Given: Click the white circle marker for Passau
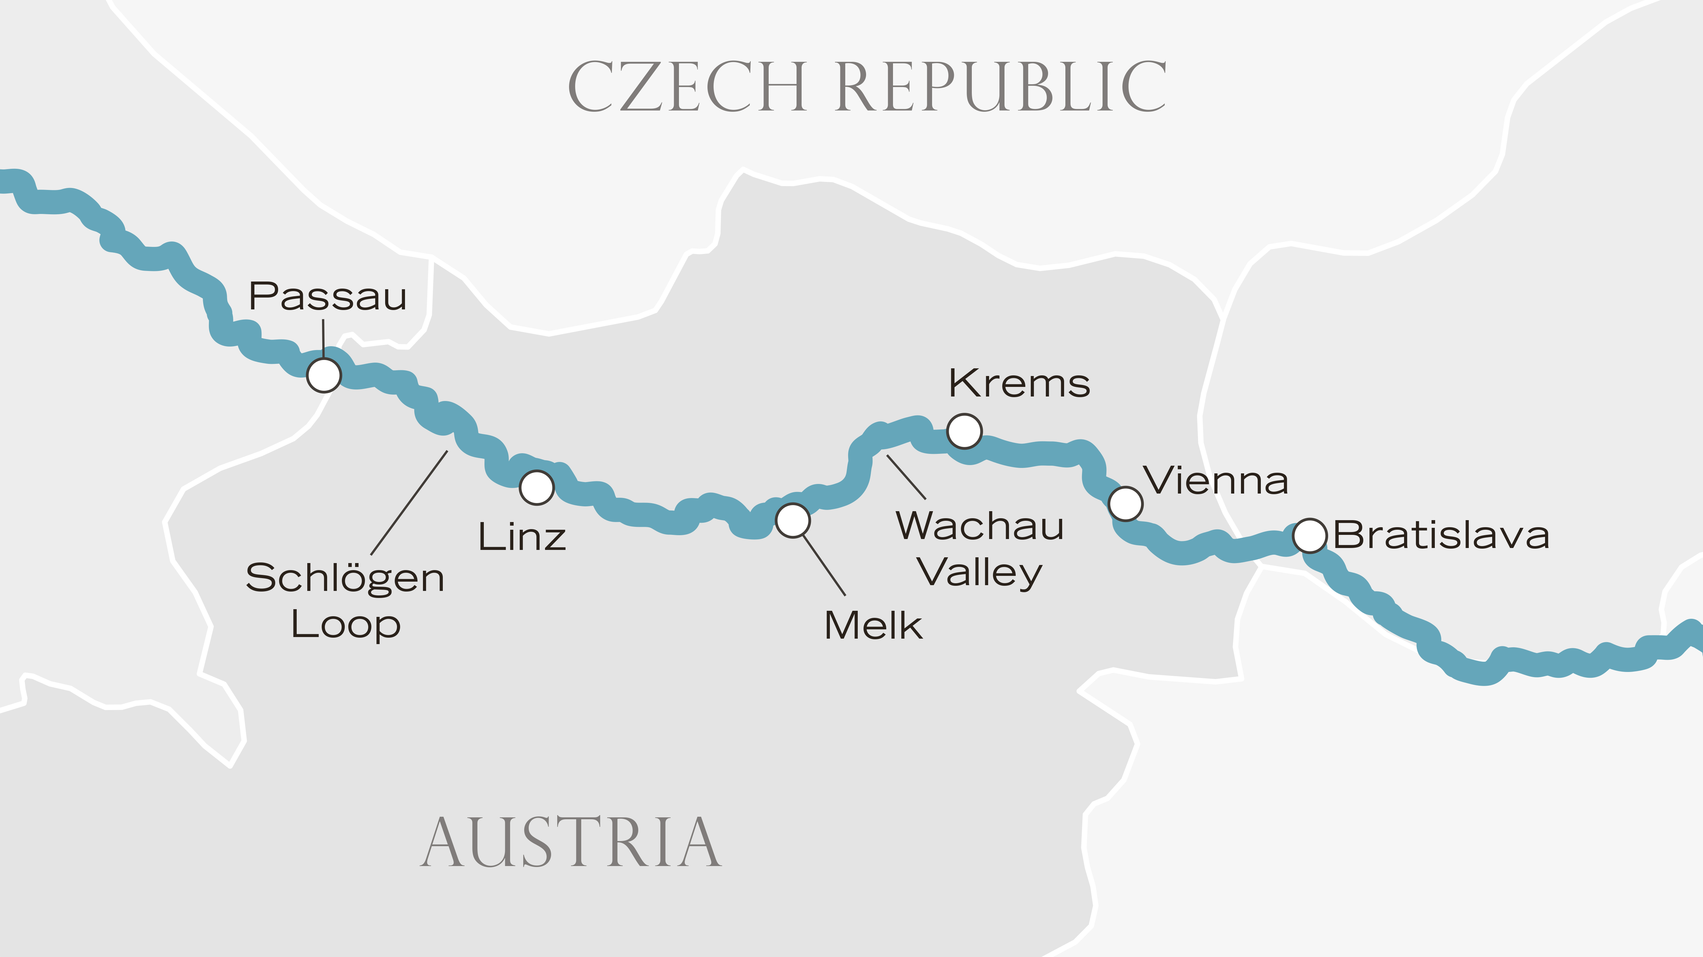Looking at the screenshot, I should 324,375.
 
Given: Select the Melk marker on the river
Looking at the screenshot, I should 793,520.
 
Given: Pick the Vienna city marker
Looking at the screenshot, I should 1125,503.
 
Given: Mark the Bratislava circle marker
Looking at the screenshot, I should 1310,535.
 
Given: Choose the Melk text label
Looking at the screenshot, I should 873,625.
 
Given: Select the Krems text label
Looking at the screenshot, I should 1020,383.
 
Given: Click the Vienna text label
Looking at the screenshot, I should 1216,480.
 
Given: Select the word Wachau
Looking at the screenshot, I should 980,526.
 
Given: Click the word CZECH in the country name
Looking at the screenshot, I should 688,86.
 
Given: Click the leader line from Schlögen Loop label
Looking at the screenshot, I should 410,502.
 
